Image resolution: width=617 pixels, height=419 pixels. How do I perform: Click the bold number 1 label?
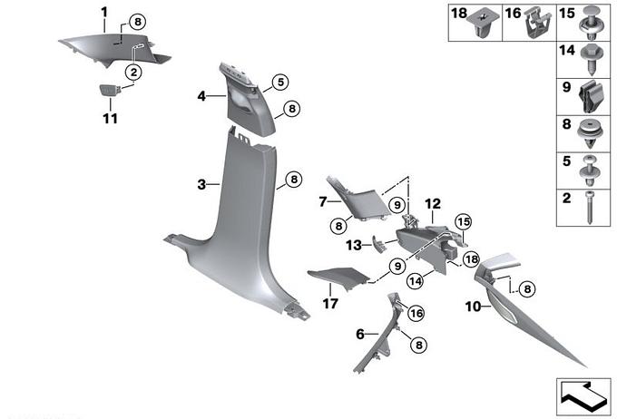pyautogui.click(x=103, y=12)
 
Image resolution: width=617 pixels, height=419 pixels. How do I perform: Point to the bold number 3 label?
pyautogui.click(x=201, y=184)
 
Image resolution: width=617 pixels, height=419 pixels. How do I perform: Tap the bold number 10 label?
pyautogui.click(x=472, y=307)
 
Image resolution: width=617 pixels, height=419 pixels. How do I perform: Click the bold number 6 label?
pyautogui.click(x=360, y=335)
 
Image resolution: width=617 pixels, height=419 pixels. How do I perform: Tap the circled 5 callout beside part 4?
pyautogui.click(x=279, y=83)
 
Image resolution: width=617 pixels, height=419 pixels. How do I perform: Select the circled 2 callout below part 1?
pyautogui.click(x=132, y=72)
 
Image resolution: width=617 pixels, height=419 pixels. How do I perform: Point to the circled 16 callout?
pyautogui.click(x=416, y=313)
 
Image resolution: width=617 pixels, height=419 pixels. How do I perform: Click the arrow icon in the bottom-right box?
pyautogui.click(x=583, y=393)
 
